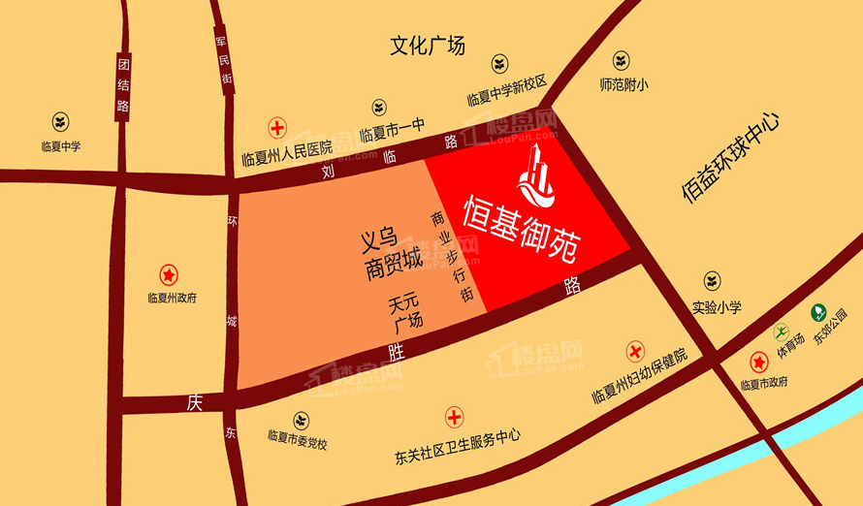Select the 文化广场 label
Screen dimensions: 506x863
(428, 46)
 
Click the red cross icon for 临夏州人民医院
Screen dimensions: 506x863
(277, 127)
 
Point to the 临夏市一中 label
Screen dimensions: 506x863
(393, 134)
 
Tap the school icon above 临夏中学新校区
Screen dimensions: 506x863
(498, 66)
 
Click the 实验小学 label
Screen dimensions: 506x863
(717, 307)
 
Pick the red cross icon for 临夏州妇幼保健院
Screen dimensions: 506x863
(636, 351)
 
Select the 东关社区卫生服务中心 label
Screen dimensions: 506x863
(459, 437)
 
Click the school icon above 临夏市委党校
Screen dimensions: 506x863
(302, 419)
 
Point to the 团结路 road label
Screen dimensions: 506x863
(123, 84)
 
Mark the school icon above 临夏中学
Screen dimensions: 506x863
(61, 122)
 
